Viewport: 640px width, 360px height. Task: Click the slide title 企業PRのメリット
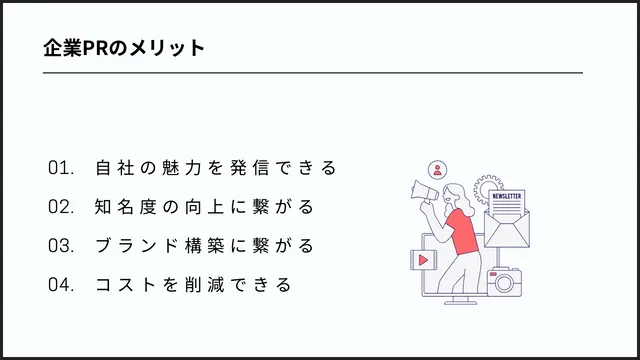click(x=124, y=48)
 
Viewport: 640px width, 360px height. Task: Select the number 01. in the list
click(x=61, y=168)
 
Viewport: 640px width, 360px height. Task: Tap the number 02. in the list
click(x=61, y=207)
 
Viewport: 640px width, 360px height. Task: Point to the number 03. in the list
click(x=61, y=246)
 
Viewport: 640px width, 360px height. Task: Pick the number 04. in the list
click(x=61, y=285)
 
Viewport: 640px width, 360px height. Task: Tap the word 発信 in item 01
click(x=257, y=168)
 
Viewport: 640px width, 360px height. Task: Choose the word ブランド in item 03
click(x=135, y=246)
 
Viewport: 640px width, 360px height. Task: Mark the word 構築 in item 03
click(x=201, y=246)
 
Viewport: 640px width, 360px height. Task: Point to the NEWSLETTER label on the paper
click(x=507, y=197)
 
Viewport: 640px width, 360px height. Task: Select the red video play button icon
click(x=425, y=259)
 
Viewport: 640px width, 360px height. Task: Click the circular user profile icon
click(x=436, y=169)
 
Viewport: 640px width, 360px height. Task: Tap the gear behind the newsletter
click(x=487, y=186)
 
